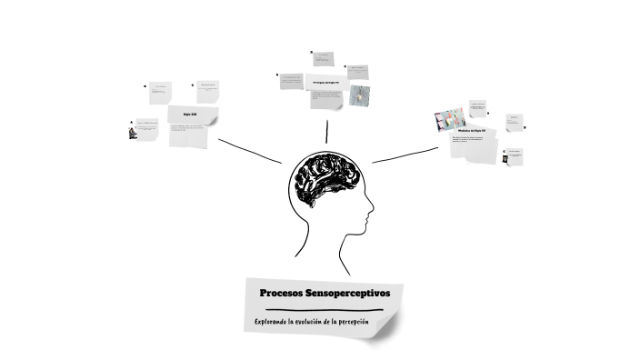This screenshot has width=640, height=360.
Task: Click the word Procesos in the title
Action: [x=281, y=294]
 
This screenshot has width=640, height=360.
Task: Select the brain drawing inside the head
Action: [x=328, y=176]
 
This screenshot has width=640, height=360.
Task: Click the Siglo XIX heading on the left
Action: [x=189, y=115]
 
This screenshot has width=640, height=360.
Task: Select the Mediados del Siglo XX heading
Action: [x=477, y=130]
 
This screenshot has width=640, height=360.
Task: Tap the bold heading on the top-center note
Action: [x=325, y=82]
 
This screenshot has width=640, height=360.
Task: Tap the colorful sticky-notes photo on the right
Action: [x=449, y=120]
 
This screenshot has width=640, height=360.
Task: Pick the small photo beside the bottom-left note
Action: [x=133, y=132]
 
